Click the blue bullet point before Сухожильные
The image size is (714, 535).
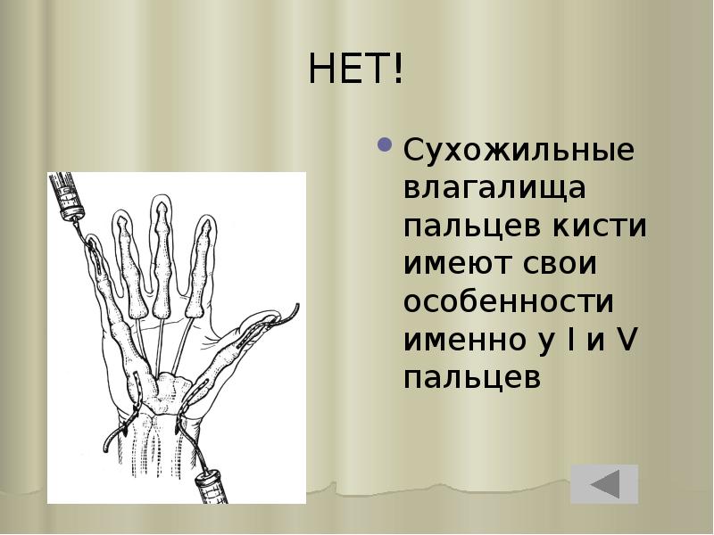(386, 145)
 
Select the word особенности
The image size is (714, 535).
(509, 301)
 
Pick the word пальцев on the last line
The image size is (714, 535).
(472, 377)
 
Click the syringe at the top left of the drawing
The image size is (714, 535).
(67, 191)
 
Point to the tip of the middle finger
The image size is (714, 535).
(161, 203)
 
